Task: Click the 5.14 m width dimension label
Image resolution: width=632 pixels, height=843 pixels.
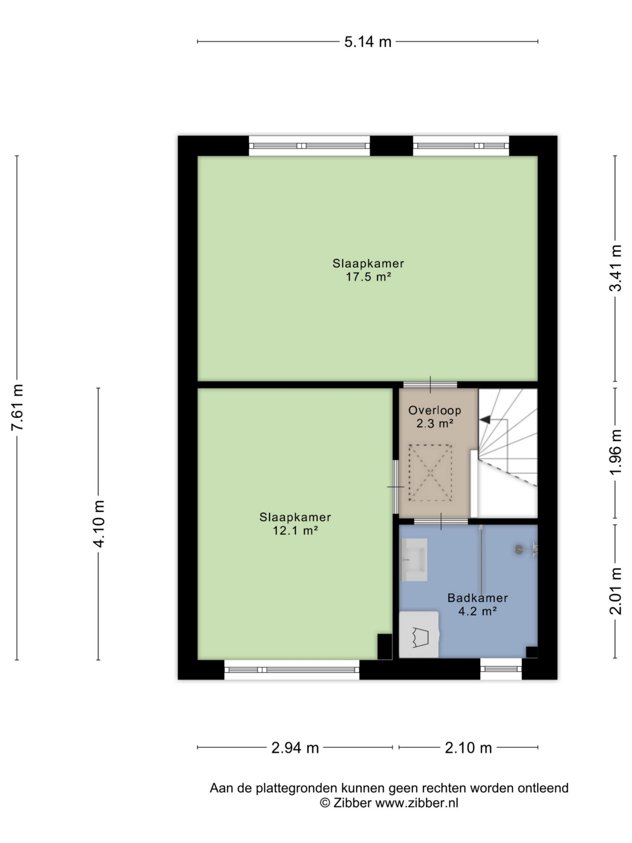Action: tap(368, 41)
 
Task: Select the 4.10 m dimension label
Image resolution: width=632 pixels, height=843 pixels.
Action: tap(99, 523)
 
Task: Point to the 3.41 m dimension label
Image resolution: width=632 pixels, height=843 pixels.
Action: tap(615, 268)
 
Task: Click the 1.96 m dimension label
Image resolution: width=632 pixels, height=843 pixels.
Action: tap(615, 451)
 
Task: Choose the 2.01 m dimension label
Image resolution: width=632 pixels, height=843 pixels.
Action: tap(615, 591)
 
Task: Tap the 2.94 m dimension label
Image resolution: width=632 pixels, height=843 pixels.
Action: tap(295, 748)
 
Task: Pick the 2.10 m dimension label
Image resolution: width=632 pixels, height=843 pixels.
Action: tap(468, 748)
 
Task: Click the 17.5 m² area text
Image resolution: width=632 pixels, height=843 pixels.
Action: tap(368, 277)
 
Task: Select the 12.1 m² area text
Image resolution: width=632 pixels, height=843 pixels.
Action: tap(295, 530)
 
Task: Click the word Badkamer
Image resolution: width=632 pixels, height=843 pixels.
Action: tap(477, 598)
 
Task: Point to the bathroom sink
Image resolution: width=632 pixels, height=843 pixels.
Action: tap(414, 560)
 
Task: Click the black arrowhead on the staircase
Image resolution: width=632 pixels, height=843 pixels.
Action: tap(485, 420)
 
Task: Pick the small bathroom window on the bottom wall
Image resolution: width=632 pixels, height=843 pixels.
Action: tap(501, 669)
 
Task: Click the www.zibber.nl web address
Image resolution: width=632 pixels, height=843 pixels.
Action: tap(417, 802)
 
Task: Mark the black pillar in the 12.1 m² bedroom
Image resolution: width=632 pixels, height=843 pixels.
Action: tap(384, 647)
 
